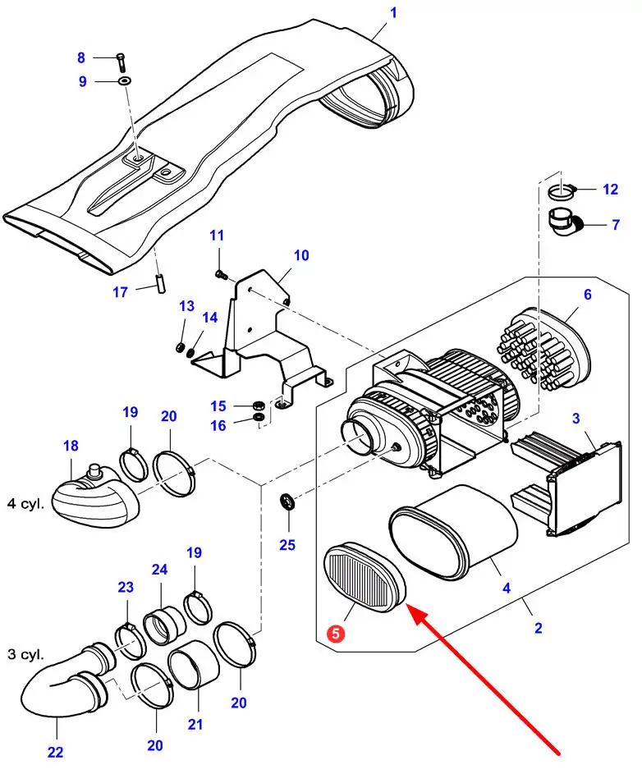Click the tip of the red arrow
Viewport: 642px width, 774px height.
[x=407, y=608]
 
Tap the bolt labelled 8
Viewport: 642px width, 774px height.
[x=122, y=59]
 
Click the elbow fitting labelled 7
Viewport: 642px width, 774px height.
[x=565, y=222]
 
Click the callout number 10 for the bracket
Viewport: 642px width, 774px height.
[x=300, y=255]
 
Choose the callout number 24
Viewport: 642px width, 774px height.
[x=158, y=570]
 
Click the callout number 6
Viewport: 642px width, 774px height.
[x=587, y=295]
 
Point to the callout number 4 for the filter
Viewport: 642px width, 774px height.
[x=507, y=588]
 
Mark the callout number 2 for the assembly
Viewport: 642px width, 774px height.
[x=538, y=629]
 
